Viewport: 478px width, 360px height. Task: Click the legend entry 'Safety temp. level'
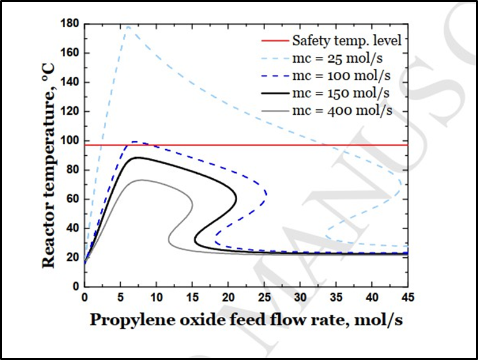tap(347, 41)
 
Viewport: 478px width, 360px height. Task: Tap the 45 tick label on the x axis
tap(408, 297)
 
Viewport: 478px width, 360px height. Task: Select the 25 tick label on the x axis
tap(264, 297)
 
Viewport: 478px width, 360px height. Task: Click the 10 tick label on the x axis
tap(156, 297)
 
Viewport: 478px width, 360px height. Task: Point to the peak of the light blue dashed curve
tap(127, 26)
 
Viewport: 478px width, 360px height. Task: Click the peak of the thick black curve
tap(138, 158)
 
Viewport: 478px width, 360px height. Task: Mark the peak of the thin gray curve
tap(142, 180)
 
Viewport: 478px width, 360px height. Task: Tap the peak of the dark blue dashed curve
tap(134, 142)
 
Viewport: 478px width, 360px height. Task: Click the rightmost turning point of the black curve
tap(236, 198)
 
